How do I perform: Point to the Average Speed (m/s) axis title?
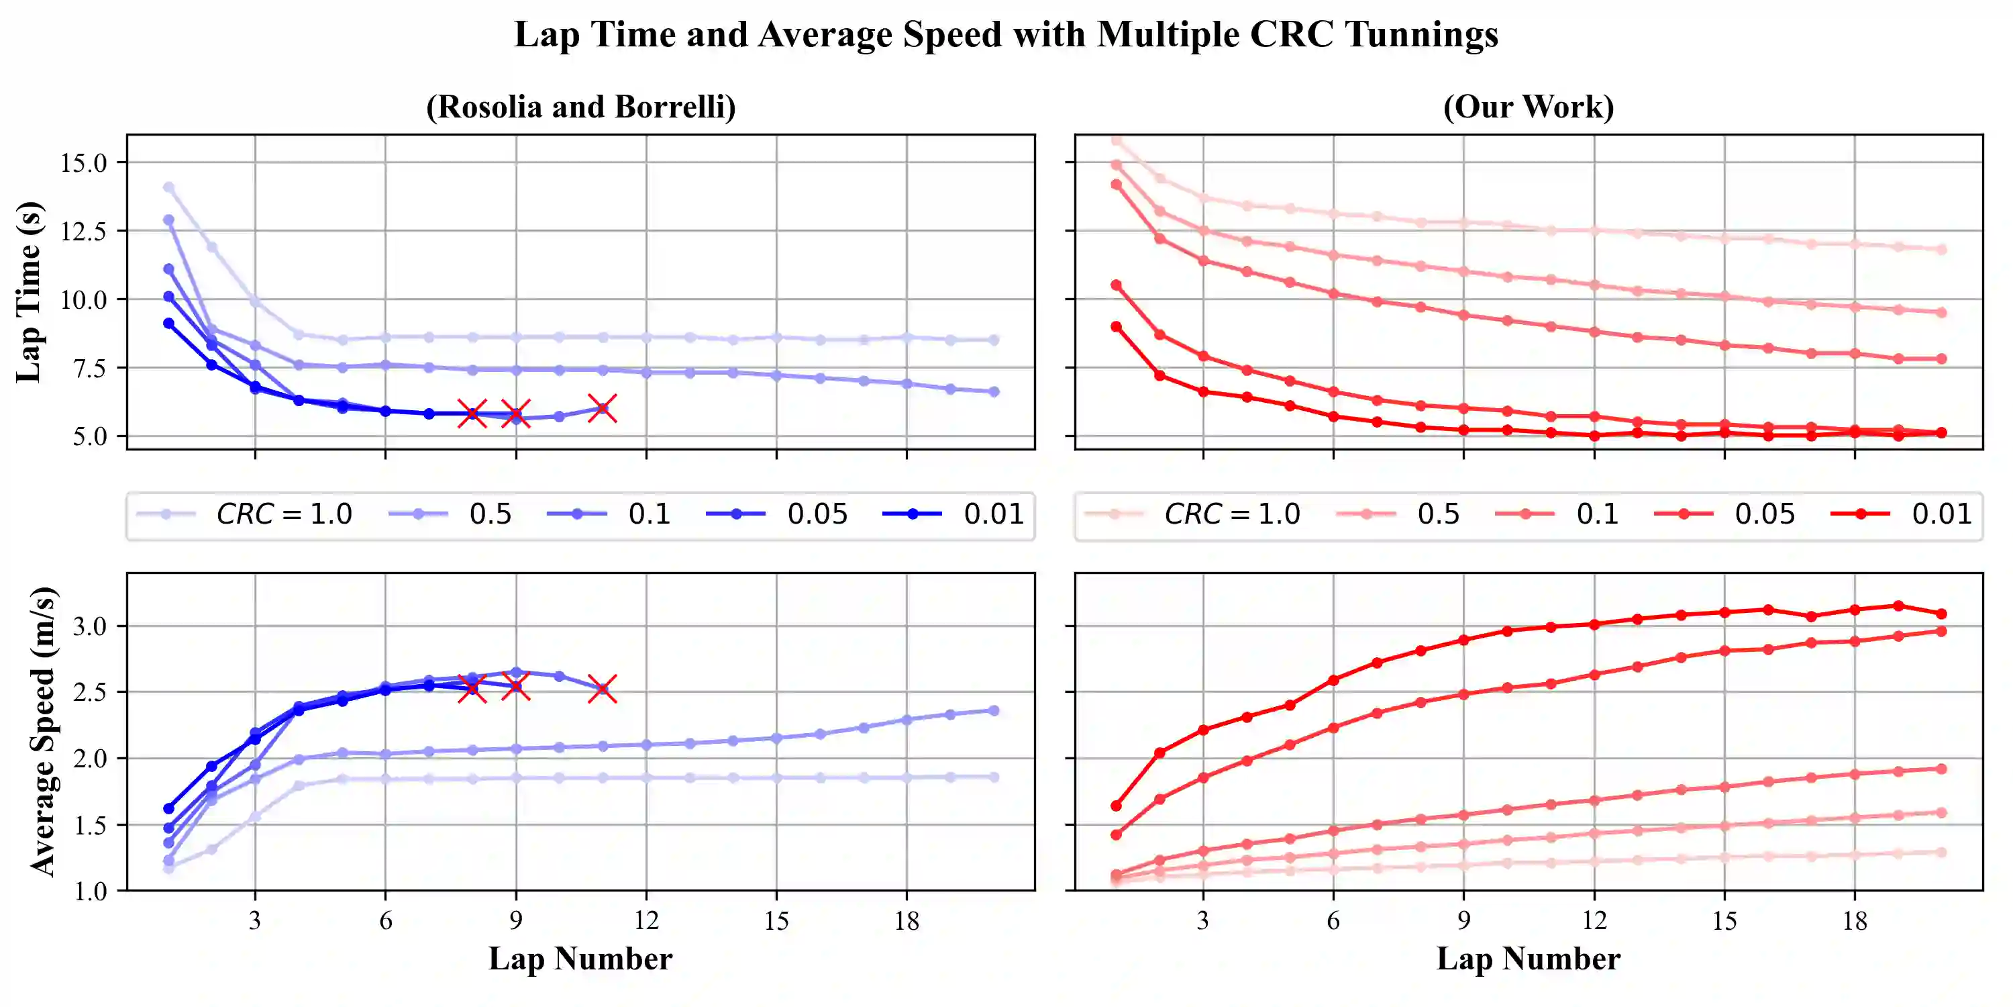pyautogui.click(x=42, y=731)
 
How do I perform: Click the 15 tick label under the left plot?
pyautogui.click(x=776, y=921)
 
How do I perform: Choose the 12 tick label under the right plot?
pyautogui.click(x=1594, y=921)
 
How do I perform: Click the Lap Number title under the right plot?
pyautogui.click(x=1529, y=959)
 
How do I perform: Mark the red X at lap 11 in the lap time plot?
pyautogui.click(x=602, y=408)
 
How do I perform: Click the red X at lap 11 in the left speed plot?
pyautogui.click(x=602, y=689)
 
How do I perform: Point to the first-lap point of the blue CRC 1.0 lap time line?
pyautogui.click(x=169, y=188)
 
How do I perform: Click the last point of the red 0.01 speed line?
pyautogui.click(x=1941, y=614)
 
